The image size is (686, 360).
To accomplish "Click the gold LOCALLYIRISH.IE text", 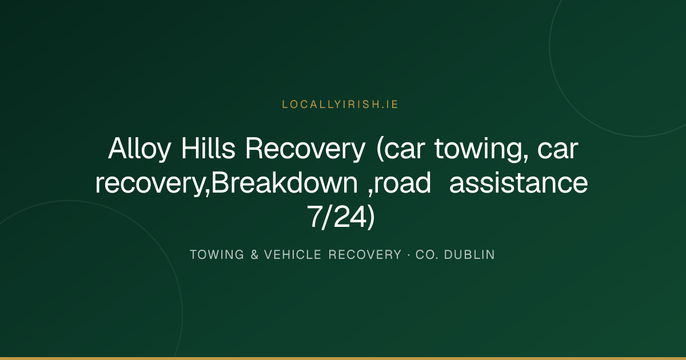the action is (x=340, y=105).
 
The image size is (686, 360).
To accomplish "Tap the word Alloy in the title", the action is (x=139, y=149).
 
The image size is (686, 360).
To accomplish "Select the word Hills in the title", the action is (x=208, y=148).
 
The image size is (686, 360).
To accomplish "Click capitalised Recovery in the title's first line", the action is (x=305, y=149).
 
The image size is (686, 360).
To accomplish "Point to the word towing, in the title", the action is (x=481, y=149).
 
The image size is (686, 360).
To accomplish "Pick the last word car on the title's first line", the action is (x=558, y=149).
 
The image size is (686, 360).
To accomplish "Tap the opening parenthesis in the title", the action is (x=380, y=149).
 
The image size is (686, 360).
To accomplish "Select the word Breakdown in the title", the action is (x=285, y=182).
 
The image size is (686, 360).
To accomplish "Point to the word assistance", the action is (x=519, y=183).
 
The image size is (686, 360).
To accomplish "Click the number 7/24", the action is (x=337, y=217).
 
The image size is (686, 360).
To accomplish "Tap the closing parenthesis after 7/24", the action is (x=371, y=217).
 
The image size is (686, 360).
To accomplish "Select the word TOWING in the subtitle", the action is (x=217, y=255).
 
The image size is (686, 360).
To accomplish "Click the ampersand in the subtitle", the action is (x=254, y=255).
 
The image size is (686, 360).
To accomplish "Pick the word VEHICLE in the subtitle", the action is (x=293, y=255).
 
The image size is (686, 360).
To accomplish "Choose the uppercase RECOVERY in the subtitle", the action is (x=365, y=255).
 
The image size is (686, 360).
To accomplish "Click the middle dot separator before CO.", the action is (x=409, y=255).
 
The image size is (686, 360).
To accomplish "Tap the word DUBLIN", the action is (x=469, y=255).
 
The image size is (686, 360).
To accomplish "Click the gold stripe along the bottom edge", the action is (x=343, y=358).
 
